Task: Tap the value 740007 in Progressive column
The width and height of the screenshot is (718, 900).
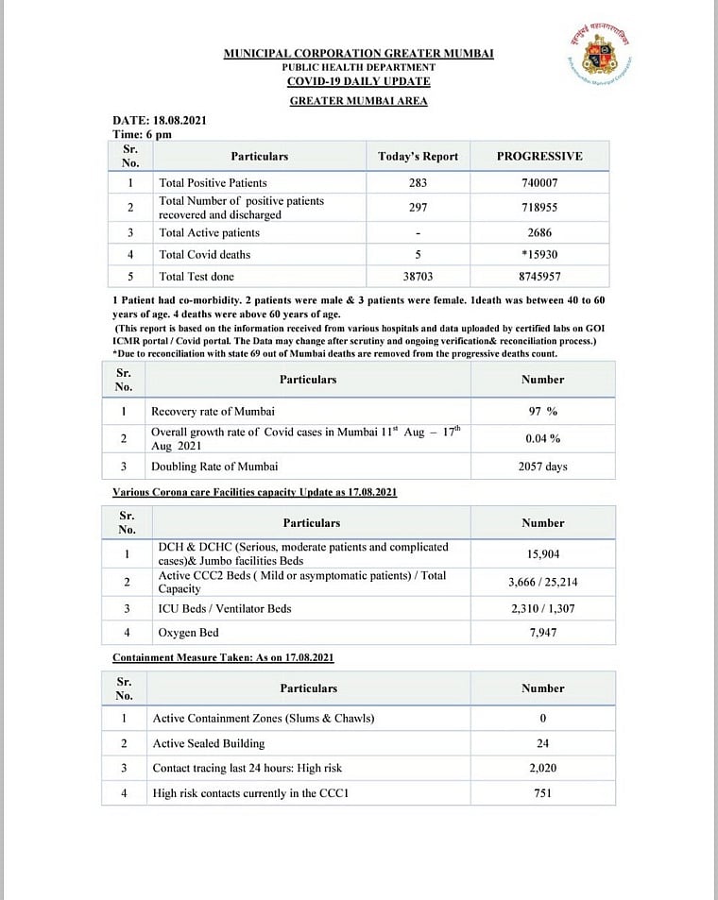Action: [540, 182]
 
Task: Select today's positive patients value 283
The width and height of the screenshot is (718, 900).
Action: [418, 182]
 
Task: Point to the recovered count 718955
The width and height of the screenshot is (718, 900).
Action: [540, 207]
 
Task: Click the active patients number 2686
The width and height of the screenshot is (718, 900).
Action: [540, 232]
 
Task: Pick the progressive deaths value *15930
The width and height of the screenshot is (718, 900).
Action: [540, 255]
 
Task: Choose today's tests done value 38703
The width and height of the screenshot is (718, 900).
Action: [418, 278]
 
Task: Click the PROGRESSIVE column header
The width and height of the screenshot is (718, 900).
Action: [539, 156]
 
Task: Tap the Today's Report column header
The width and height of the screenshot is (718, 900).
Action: [418, 156]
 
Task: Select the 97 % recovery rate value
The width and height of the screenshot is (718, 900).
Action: [542, 411]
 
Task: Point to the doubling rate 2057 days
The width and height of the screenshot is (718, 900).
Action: [542, 467]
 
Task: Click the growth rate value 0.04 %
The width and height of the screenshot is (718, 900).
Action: [542, 438]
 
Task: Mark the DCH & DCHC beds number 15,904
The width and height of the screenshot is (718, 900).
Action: [544, 554]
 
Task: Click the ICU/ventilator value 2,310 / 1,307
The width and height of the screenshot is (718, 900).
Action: [542, 609]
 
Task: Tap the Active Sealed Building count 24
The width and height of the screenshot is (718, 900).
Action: [542, 743]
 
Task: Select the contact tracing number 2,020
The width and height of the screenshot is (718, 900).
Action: [542, 769]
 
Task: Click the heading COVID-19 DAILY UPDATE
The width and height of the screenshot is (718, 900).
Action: [358, 81]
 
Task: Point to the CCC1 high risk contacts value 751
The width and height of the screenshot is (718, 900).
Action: [542, 793]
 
